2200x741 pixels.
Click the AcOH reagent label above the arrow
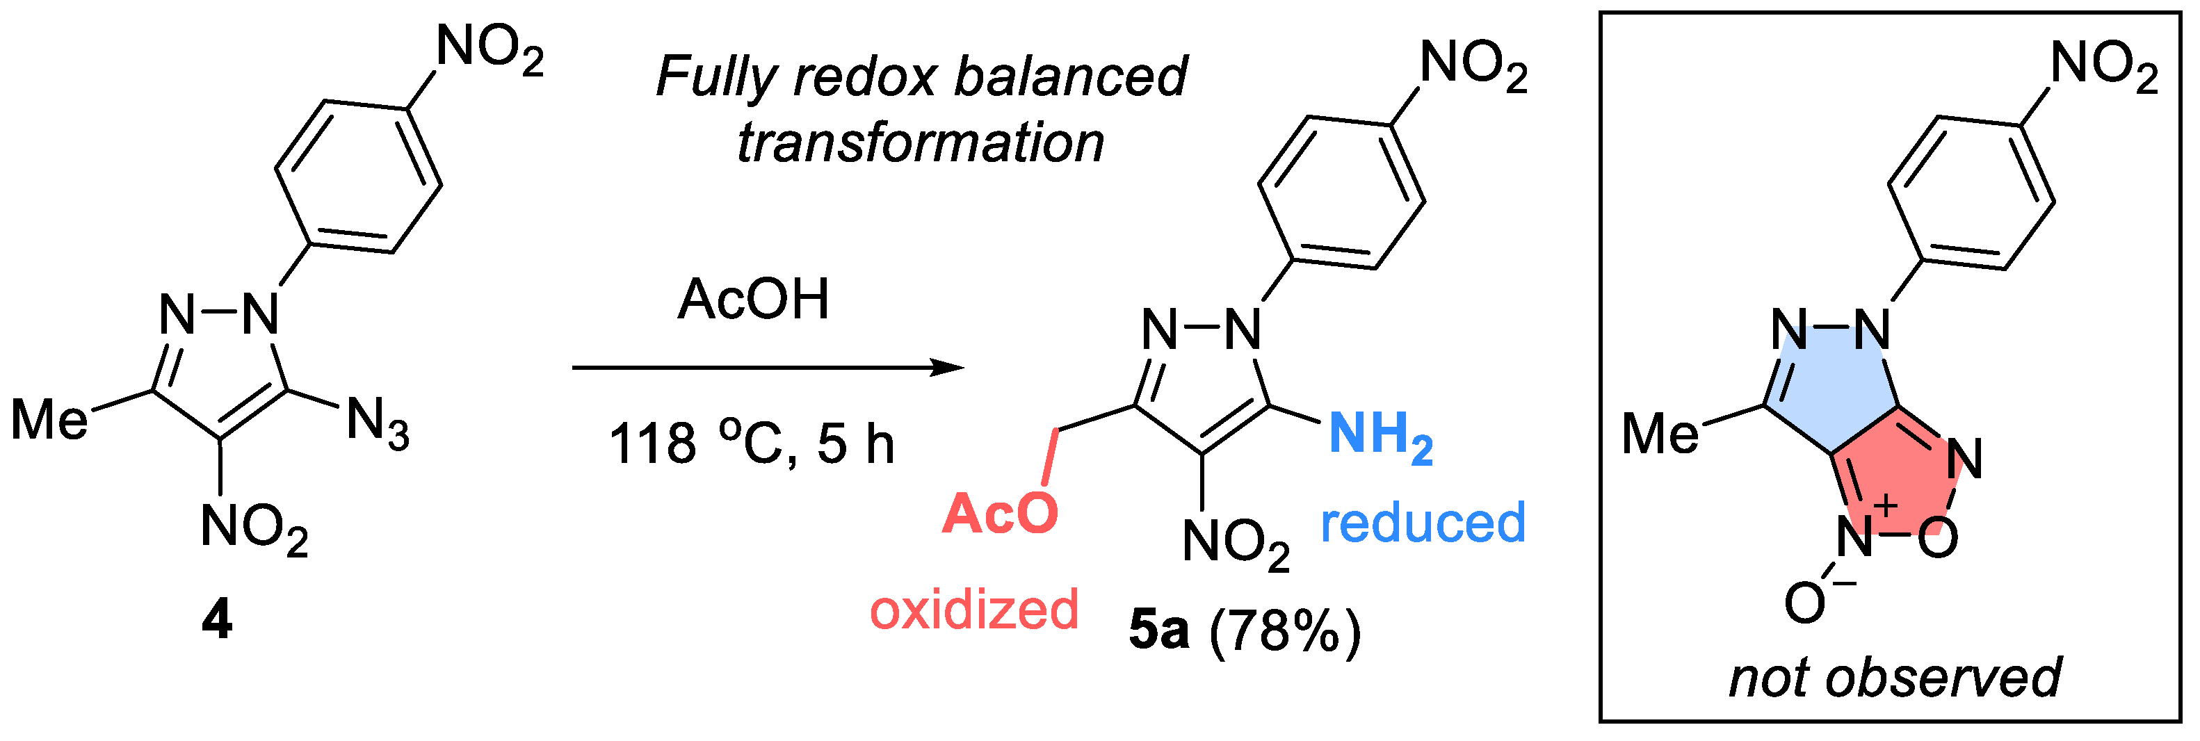tap(753, 300)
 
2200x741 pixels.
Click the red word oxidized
tap(973, 610)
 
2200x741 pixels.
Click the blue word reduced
tap(1423, 523)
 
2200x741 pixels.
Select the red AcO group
tap(999, 514)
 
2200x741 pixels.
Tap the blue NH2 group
tap(1380, 435)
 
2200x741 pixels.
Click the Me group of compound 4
tap(49, 419)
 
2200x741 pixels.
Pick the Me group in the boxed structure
tap(1660, 434)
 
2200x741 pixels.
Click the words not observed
tap(1894, 678)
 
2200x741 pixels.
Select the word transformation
tap(921, 142)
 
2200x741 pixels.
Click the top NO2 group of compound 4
tap(490, 48)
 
